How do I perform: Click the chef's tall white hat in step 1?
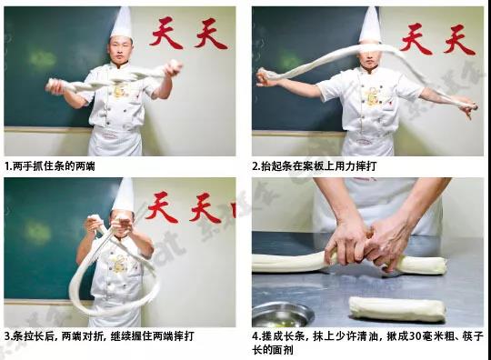121,23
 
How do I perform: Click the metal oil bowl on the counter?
283,315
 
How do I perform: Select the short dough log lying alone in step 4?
396,309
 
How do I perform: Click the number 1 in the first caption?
7,166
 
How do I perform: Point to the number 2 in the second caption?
256,166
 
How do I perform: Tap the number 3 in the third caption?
7,335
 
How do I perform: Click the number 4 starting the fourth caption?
256,336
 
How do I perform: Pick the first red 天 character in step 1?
166,34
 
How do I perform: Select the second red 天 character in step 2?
459,39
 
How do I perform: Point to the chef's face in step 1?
120,51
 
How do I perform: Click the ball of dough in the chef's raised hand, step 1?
174,68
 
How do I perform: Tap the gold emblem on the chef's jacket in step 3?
118,263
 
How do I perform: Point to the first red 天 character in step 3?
162,206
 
